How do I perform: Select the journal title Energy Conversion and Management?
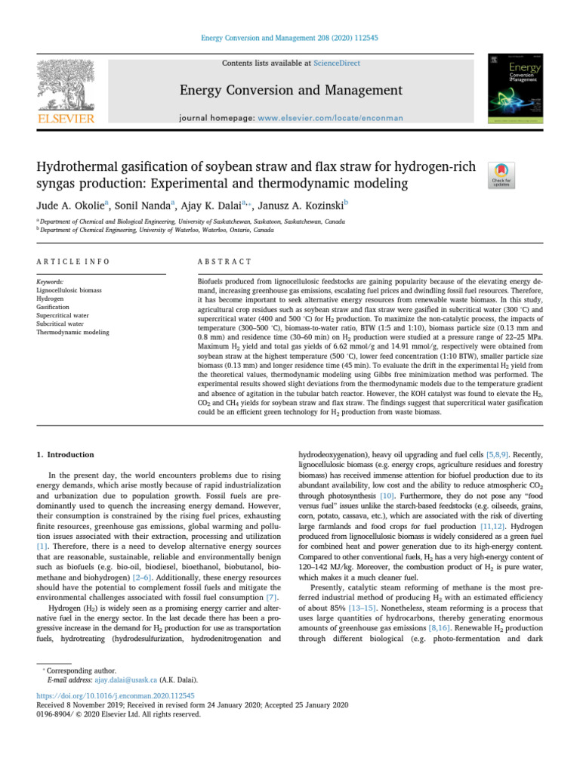click(x=290, y=91)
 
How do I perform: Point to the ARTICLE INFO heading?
click(x=72, y=261)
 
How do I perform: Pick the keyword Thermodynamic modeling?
click(x=69, y=332)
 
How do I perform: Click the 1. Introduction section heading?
click(x=66, y=455)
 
